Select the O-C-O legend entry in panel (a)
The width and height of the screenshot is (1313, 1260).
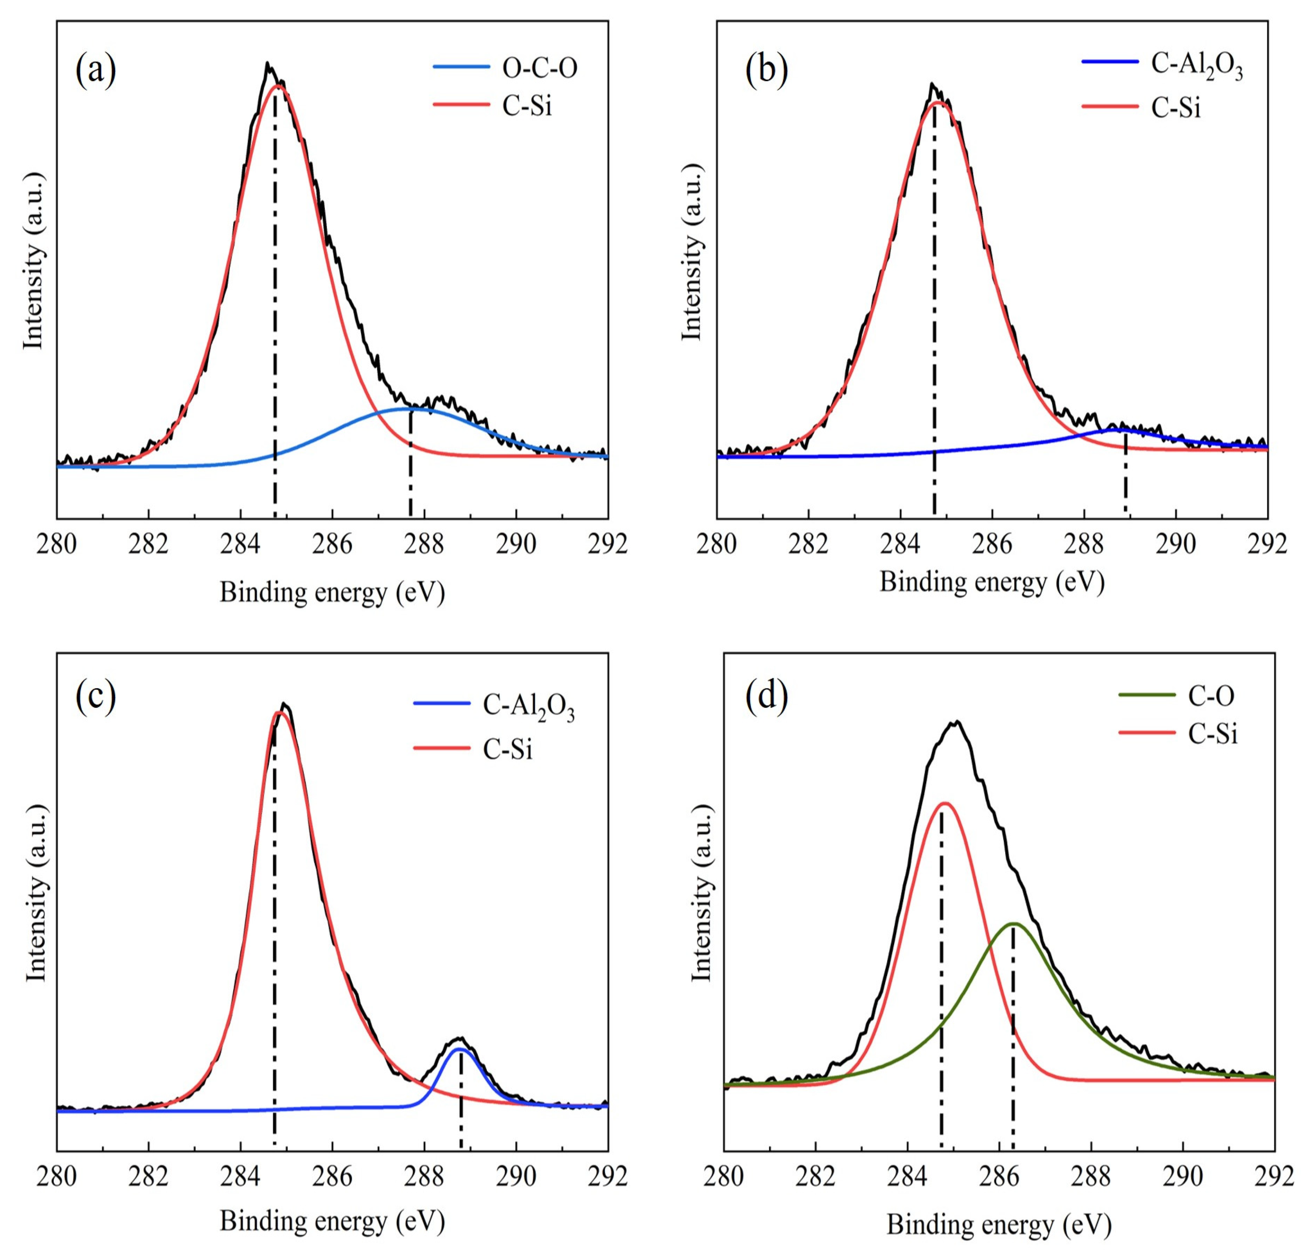pyautogui.click(x=539, y=68)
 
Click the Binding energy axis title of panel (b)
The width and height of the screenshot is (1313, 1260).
pyautogui.click(x=992, y=582)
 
